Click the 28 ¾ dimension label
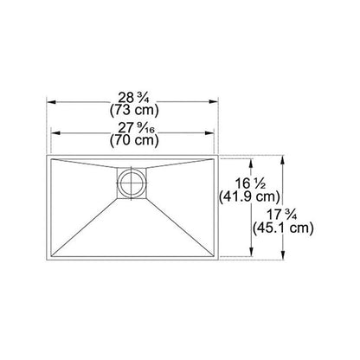[133, 98]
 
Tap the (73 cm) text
[134, 110]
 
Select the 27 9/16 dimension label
[136, 128]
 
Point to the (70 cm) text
[134, 141]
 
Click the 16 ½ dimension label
[250, 183]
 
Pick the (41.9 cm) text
[249, 197]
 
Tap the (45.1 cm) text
[283, 228]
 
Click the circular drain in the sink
[132, 183]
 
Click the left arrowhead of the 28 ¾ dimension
[51, 102]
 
